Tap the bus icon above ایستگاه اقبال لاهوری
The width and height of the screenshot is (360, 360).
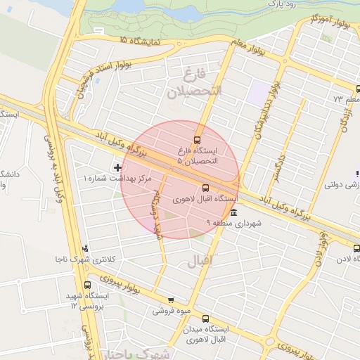pyautogui.click(x=205, y=188)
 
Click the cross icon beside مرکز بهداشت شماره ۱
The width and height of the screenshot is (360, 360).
pyautogui.click(x=117, y=167)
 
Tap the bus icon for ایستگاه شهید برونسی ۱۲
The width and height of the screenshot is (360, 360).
pyautogui.click(x=87, y=285)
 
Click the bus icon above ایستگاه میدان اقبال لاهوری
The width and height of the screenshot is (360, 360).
pyautogui.click(x=205, y=318)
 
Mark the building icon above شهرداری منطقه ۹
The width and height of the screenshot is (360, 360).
pyautogui.click(x=233, y=212)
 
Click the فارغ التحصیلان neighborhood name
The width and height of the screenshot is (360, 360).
pyautogui.click(x=194, y=82)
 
